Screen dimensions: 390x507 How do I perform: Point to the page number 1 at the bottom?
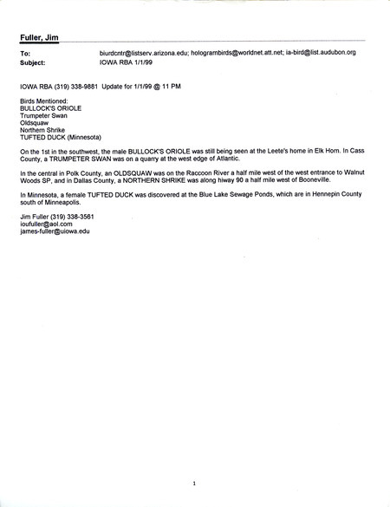tap(196, 483)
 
